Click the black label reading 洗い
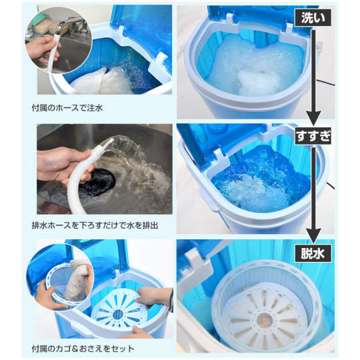coord(313,18)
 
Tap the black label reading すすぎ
coord(313,136)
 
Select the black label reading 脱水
coord(313,253)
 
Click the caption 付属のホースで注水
coord(67,108)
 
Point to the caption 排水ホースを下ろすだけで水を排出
coord(95,225)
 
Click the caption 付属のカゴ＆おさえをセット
coord(83,349)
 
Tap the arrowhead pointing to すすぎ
coord(313,118)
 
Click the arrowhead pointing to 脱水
coord(313,236)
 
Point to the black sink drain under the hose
coord(97,182)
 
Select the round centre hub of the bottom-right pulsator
coord(264,319)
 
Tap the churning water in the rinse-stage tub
coord(259,181)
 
